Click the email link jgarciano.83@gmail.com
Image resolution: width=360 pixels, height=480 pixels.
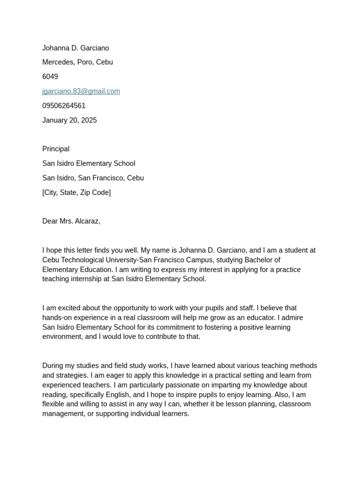coord(81,91)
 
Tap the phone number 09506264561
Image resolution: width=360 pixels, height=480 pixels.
coord(64,106)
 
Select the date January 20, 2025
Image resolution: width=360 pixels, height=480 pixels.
coord(69,120)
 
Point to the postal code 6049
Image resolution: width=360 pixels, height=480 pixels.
coord(50,77)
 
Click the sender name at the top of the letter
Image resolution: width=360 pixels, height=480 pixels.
coord(75,48)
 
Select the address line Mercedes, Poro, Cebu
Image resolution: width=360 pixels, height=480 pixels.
coord(77,62)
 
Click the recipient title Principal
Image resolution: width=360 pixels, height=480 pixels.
coord(56,149)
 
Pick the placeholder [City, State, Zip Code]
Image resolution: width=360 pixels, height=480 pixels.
coord(76,193)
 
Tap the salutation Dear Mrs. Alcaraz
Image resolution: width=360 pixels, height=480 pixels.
coord(71,221)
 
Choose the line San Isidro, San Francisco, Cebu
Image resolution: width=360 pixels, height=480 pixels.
coord(93,178)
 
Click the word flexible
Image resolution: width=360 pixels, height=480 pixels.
coord(54,404)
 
